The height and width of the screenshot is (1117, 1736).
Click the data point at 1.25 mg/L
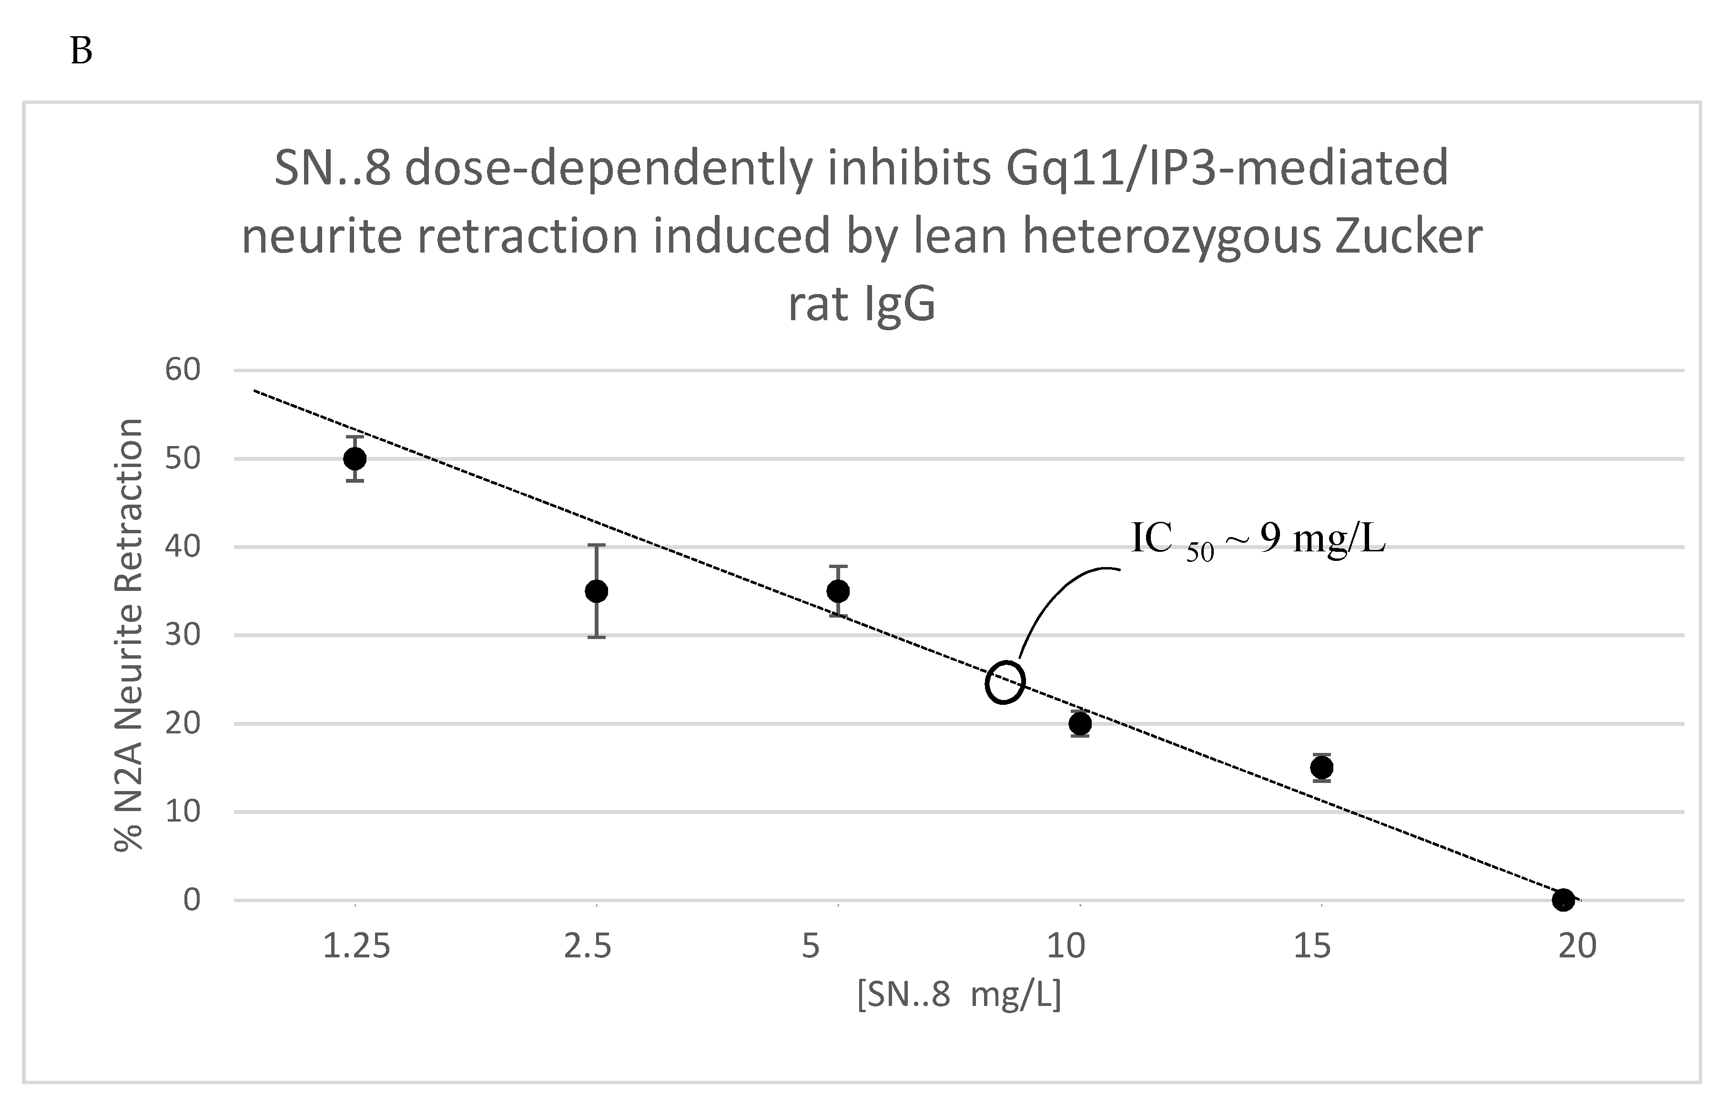click(x=355, y=458)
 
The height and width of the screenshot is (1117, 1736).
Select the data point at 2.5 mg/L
click(x=596, y=591)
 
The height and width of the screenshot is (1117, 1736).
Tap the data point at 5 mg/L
click(x=838, y=591)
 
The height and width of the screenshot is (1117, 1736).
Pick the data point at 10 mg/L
click(x=1080, y=723)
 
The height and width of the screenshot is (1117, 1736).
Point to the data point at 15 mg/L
click(x=1321, y=767)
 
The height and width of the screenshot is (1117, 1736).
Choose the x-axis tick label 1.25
click(x=356, y=946)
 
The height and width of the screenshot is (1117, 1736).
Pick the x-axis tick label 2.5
click(x=588, y=946)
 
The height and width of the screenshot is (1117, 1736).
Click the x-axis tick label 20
click(x=1577, y=946)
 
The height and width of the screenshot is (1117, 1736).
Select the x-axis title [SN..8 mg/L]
click(x=959, y=996)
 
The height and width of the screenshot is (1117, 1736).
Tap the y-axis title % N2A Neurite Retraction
click(x=129, y=635)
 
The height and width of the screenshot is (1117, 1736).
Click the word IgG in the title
click(x=899, y=305)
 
